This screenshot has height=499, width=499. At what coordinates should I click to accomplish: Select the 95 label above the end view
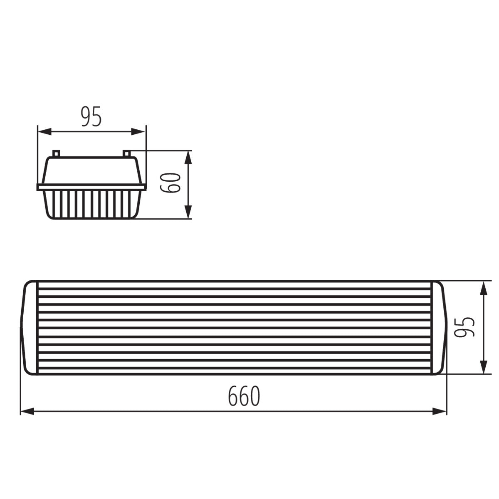click(x=91, y=117)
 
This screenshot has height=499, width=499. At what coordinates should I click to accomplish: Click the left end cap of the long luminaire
click(x=30, y=327)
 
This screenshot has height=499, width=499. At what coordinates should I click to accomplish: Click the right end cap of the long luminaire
click(x=438, y=327)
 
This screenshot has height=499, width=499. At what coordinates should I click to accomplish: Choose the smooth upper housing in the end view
click(x=91, y=170)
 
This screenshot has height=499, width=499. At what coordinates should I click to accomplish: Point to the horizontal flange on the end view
click(x=91, y=187)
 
